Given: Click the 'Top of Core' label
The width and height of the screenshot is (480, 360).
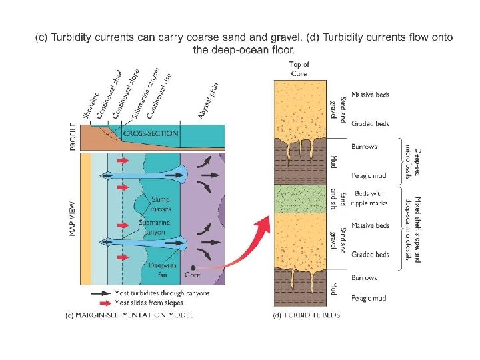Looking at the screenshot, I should point(298,69).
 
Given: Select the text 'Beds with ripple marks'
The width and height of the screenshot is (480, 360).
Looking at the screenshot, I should point(371,197).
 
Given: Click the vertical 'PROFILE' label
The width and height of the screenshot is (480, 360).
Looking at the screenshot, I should point(73,136).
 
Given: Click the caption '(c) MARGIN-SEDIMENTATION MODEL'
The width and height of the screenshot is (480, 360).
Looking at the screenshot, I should point(129,315).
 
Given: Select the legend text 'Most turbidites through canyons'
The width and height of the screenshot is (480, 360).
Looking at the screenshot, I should point(162,293).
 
